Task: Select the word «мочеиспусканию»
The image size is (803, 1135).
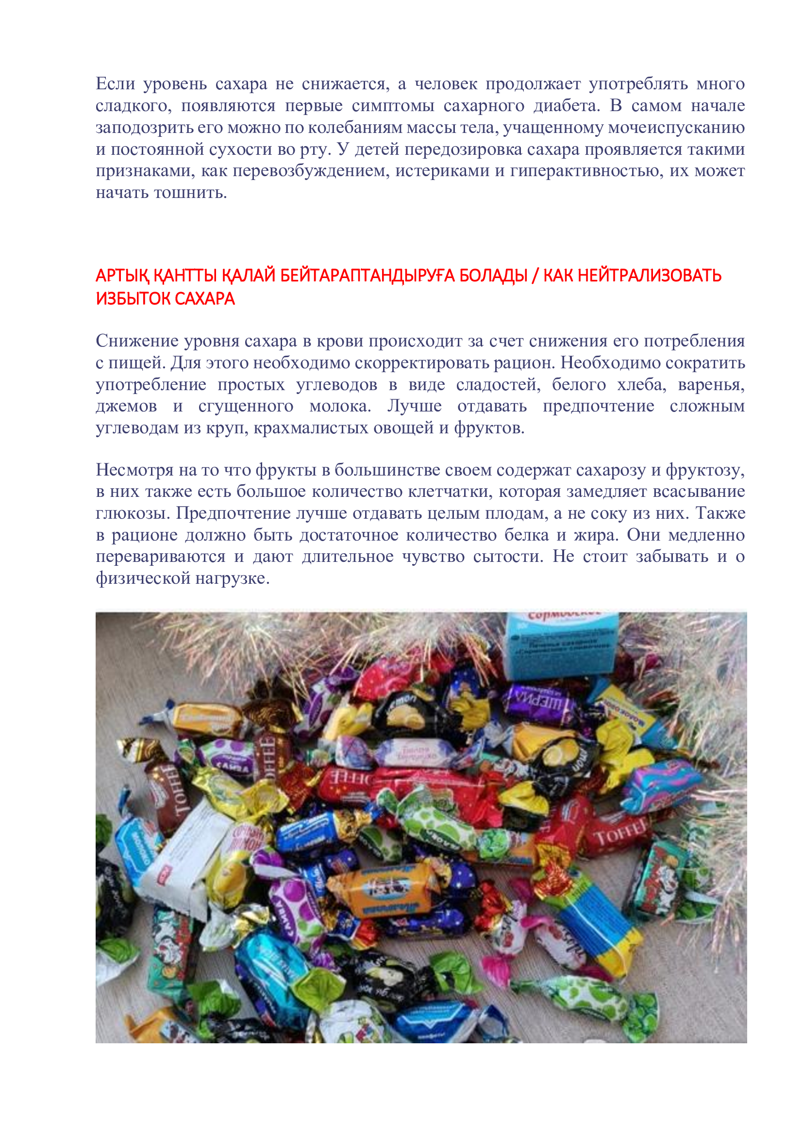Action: coord(676,128)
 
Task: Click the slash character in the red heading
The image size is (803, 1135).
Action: coord(535,275)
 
